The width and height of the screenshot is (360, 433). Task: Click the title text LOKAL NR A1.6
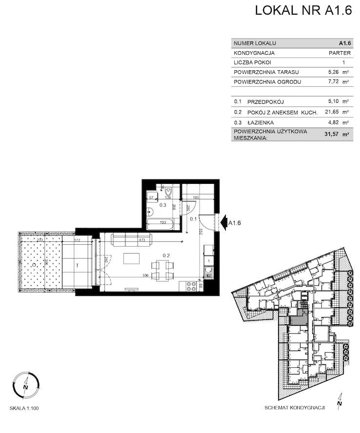point(303,11)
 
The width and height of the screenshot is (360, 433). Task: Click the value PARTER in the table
point(340,53)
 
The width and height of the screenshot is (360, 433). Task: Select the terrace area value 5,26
point(335,72)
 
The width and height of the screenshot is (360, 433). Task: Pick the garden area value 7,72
point(335,82)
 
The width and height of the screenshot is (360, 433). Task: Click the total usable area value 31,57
point(332,135)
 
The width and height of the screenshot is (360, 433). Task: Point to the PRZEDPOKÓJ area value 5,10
point(335,102)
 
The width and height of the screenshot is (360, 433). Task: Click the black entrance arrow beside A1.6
point(223,223)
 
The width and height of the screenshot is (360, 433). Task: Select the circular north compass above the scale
point(24,383)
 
